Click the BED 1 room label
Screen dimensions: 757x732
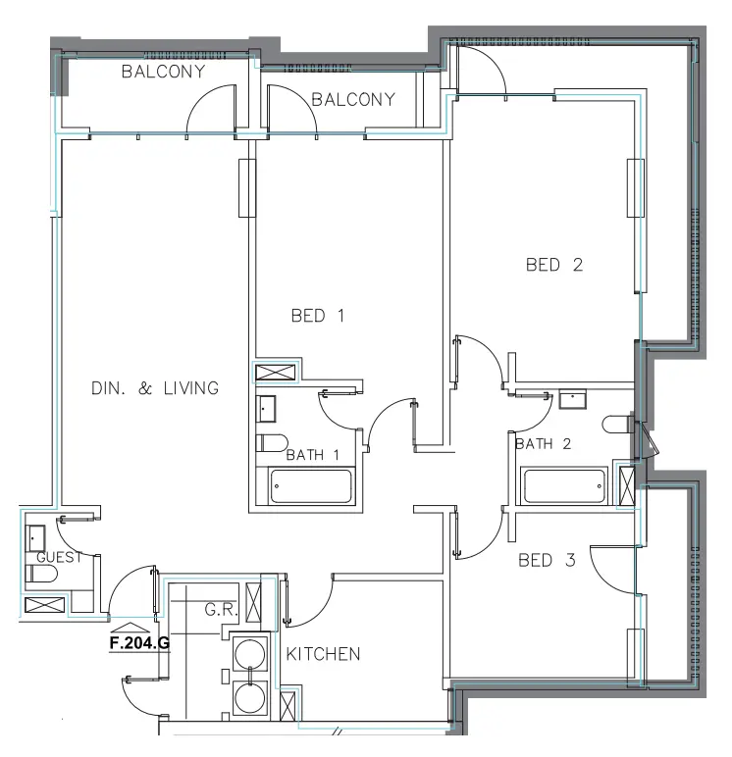(x=318, y=316)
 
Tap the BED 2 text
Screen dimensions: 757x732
(x=554, y=265)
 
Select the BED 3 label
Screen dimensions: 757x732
(x=547, y=561)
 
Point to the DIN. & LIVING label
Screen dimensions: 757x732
(x=154, y=388)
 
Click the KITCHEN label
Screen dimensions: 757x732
(x=323, y=654)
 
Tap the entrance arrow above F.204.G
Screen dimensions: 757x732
(x=131, y=627)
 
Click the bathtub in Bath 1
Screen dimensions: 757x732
(x=310, y=485)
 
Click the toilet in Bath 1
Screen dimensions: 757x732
(x=272, y=441)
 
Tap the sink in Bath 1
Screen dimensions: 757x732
(x=268, y=408)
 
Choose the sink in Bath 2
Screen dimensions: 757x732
(x=571, y=400)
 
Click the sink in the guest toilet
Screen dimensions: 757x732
(x=35, y=537)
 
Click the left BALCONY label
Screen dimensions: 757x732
(x=163, y=72)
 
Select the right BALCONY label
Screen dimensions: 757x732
(x=352, y=99)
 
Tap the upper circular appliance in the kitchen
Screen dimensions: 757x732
(x=253, y=653)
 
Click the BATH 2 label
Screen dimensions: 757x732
(x=543, y=444)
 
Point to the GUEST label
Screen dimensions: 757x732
(x=54, y=557)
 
